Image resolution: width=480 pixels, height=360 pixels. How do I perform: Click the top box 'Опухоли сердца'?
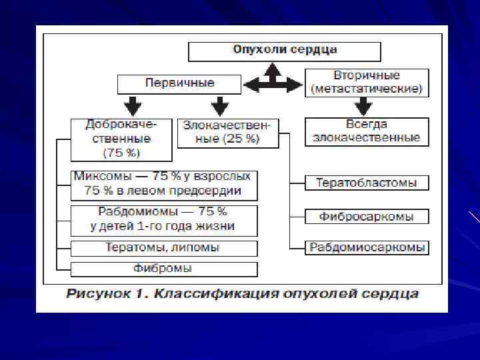point(285,51)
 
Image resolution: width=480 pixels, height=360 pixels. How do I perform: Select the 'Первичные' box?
point(179,83)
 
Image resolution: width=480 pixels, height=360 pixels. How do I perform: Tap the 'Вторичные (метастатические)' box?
point(366,82)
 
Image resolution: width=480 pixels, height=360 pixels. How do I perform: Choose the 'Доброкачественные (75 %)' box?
point(121,138)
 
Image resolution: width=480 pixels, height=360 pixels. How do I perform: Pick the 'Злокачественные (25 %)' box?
point(228,133)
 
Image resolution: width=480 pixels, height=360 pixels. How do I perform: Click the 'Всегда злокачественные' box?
point(366,131)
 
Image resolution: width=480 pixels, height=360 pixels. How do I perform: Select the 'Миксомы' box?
point(163,184)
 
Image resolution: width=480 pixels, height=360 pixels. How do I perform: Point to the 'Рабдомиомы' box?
point(163,219)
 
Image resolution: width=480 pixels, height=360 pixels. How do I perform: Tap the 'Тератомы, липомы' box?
point(163,248)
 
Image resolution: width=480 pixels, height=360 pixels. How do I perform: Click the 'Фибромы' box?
point(163,269)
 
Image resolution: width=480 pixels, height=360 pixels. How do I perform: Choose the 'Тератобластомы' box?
point(366,182)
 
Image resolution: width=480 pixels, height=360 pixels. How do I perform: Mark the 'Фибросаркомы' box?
point(366,217)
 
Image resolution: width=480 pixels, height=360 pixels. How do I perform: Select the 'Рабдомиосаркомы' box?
point(366,247)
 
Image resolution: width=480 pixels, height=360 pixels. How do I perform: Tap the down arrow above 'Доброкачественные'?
point(133,105)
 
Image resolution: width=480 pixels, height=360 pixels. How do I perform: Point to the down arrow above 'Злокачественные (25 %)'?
point(219,105)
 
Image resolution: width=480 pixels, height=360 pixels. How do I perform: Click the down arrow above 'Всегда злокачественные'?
point(363,106)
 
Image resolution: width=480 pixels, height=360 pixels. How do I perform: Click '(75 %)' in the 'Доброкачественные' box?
point(121,153)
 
